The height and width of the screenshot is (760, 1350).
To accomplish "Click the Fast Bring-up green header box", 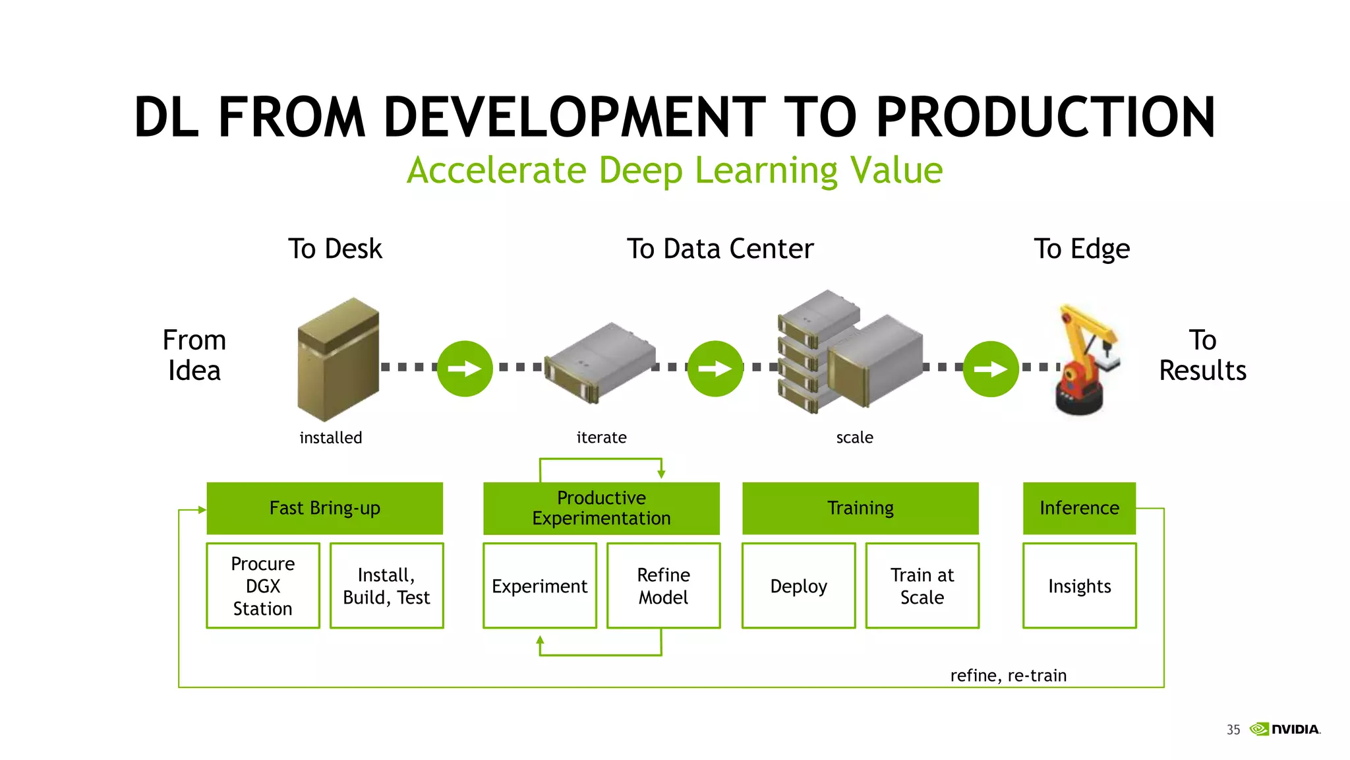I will pyautogui.click(x=324, y=508).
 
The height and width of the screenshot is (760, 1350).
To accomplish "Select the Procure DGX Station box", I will pyautogui.click(x=262, y=586).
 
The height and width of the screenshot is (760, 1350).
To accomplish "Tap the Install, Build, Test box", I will pyautogui.click(x=386, y=586).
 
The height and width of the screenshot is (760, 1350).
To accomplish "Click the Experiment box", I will pyautogui.click(x=539, y=586).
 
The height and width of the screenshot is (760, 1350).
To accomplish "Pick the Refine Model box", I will pyautogui.click(x=663, y=586).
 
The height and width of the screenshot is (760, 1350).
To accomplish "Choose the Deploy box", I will pyautogui.click(x=798, y=586).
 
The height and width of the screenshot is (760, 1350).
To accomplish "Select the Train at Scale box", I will pyautogui.click(x=922, y=586).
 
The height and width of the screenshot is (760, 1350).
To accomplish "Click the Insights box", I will pyautogui.click(x=1079, y=586).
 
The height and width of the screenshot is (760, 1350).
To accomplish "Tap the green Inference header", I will pyautogui.click(x=1079, y=508).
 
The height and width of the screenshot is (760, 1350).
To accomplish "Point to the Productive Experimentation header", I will pyautogui.click(x=601, y=508).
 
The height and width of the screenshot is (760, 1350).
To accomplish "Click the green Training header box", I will pyautogui.click(x=860, y=508).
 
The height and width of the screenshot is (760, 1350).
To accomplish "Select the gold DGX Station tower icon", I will pyautogui.click(x=338, y=360).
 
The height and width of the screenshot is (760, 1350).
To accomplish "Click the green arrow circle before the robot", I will pyautogui.click(x=991, y=369).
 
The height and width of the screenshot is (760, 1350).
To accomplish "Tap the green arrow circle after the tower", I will pyautogui.click(x=465, y=369).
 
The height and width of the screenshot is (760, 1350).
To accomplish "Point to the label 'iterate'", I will pyautogui.click(x=601, y=437).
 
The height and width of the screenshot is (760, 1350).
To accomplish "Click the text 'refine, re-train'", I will pyautogui.click(x=1008, y=676).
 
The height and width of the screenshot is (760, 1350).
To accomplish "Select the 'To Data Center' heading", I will pyautogui.click(x=720, y=249).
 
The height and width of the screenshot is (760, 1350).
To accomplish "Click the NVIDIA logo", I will pyautogui.click(x=1285, y=729).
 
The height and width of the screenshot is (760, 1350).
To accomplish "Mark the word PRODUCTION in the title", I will pyautogui.click(x=1045, y=117).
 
